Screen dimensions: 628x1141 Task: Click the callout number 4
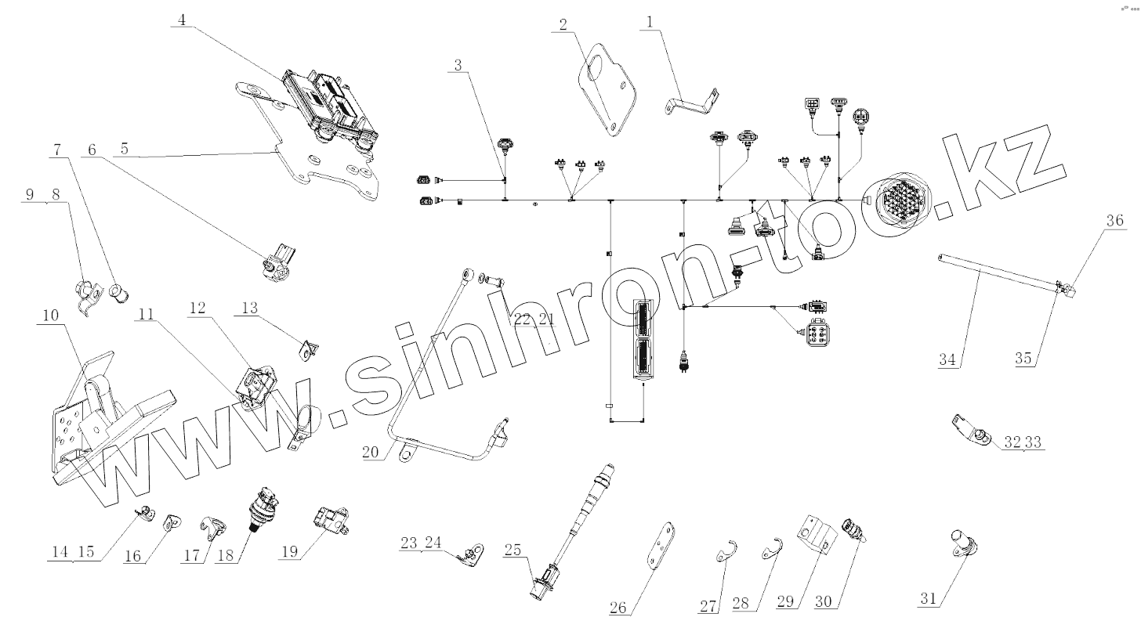click(x=182, y=20)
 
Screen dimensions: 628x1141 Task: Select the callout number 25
click(x=513, y=550)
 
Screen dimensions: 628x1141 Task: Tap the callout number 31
click(x=929, y=599)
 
